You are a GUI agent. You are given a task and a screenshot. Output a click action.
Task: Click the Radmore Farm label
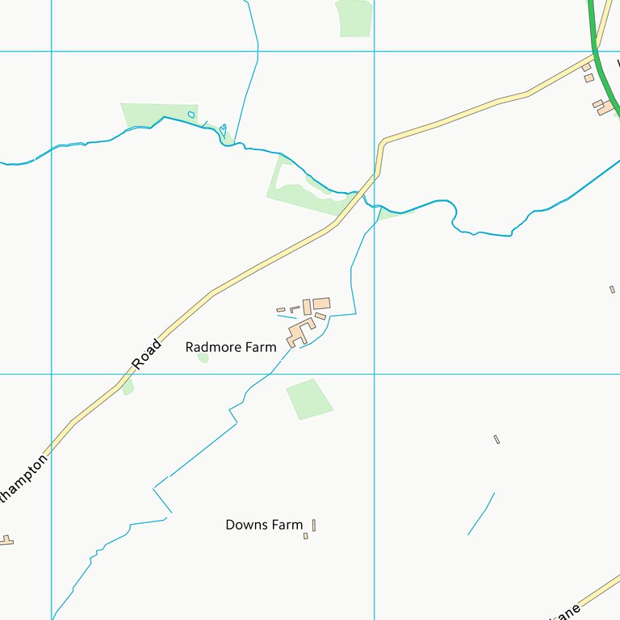click(x=230, y=347)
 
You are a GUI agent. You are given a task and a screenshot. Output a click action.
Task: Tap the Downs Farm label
click(x=264, y=525)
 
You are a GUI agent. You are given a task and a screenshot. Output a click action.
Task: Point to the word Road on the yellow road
click(x=147, y=354)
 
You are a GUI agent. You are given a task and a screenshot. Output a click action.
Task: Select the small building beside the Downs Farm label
click(x=313, y=526)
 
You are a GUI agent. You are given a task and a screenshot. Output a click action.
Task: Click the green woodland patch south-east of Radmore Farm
click(x=308, y=399)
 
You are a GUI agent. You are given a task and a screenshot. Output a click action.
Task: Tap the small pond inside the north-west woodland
click(x=191, y=115)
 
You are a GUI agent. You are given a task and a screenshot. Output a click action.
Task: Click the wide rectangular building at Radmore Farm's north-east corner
click(x=321, y=304)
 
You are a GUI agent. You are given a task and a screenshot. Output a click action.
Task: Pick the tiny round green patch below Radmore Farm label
click(x=203, y=357)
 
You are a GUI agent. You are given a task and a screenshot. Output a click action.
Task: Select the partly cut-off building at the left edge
click(x=6, y=540)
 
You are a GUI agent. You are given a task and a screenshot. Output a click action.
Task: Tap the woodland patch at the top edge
click(x=354, y=17)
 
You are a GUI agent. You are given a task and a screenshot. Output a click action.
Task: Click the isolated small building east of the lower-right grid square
click(x=496, y=439)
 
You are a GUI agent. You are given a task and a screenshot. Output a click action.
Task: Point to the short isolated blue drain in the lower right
click(x=481, y=514)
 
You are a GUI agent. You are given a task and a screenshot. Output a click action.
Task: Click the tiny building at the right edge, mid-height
click(x=612, y=289)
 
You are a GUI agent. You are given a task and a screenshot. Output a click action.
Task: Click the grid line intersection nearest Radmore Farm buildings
click(x=374, y=374)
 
